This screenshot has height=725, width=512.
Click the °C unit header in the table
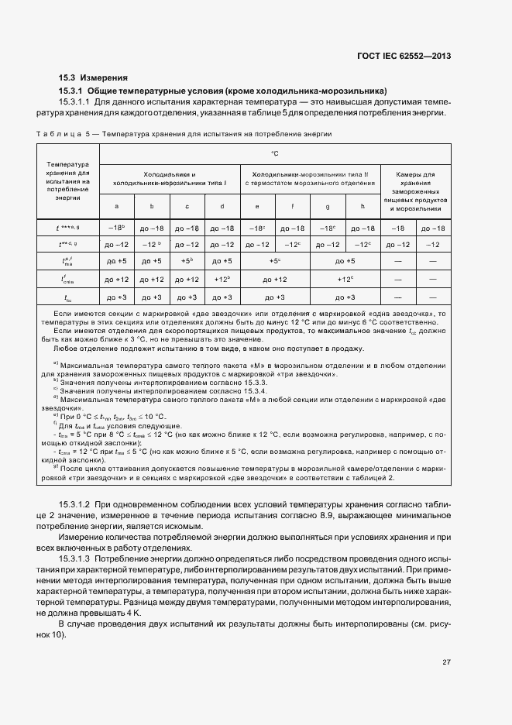click(275, 154)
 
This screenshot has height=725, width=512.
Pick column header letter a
click(116, 206)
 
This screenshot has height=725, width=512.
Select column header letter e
click(256, 206)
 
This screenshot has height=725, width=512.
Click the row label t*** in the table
click(67, 228)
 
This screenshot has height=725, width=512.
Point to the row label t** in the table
click(67, 245)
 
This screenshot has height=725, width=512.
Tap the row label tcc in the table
click(67, 297)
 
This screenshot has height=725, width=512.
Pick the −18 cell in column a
click(116, 228)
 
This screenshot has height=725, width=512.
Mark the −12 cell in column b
click(152, 245)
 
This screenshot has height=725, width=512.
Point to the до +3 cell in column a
click(116, 297)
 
